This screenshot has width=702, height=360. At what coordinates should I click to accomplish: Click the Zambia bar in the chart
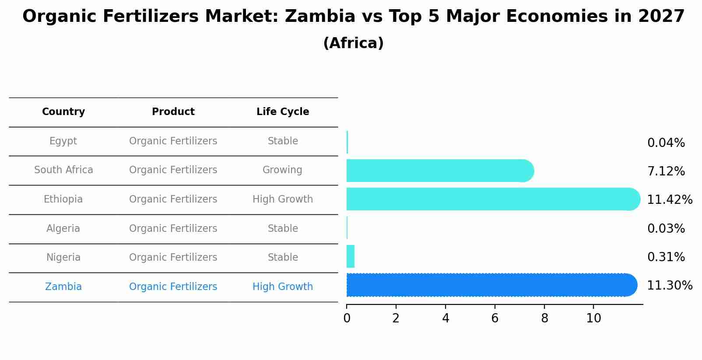pos(490,285)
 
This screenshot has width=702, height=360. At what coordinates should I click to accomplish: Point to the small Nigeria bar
pos(351,256)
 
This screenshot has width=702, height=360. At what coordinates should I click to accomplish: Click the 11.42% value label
pos(669,200)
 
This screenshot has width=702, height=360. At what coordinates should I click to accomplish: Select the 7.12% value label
pos(666,171)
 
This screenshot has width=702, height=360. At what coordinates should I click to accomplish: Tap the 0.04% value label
pos(666,143)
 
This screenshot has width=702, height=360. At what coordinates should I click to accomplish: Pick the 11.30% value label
pos(669,286)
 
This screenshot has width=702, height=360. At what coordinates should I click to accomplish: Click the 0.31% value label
pos(666,257)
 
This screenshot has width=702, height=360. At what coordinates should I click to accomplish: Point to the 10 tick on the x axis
pos(593,318)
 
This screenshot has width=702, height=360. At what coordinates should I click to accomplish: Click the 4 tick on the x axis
pos(446,318)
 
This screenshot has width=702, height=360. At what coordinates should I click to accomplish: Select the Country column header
pos(63,112)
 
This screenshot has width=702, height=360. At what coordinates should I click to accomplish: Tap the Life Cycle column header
pos(283,112)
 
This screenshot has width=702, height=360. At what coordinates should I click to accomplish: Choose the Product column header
pos(173,112)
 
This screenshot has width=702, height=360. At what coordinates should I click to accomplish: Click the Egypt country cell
pos(63,141)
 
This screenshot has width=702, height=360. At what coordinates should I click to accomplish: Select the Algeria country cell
pos(63,229)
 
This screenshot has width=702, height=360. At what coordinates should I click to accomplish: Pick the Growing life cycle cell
pos(282,170)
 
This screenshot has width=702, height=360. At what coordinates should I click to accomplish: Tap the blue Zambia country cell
pos(63,287)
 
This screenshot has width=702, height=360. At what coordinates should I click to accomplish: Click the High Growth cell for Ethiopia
pos(283,199)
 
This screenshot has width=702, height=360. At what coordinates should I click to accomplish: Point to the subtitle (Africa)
pos(353,43)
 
